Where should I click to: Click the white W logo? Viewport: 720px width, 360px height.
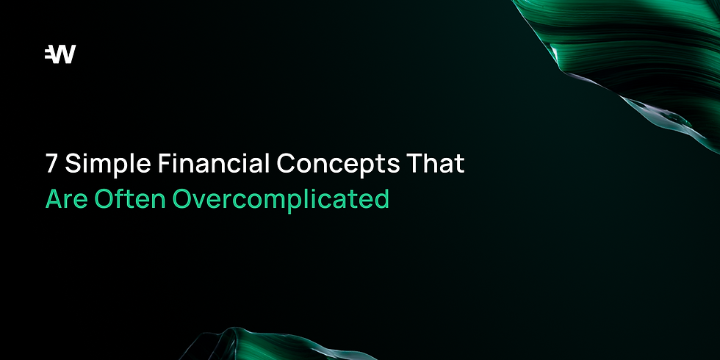click(x=60, y=54)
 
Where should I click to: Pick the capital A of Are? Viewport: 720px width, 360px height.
click(x=54, y=199)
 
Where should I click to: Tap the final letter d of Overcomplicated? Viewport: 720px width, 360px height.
click(x=382, y=199)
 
